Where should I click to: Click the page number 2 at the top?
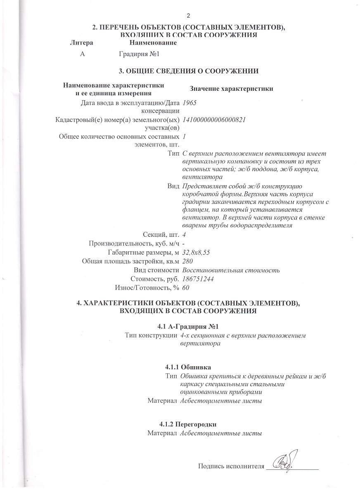pos(188,16)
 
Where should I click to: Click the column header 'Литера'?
pos(82,43)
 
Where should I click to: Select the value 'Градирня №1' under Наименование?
pos(139,54)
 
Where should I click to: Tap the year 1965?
pos(188,103)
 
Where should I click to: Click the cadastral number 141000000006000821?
pos(214,120)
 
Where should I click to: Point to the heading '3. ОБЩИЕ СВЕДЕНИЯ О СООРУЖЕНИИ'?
pos(189,71)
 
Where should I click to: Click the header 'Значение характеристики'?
pos(231,89)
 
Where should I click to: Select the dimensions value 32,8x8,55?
pos(199,252)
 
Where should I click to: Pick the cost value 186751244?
pos(198,279)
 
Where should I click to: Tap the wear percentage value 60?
pos(185,288)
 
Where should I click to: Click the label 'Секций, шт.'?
pos(161,234)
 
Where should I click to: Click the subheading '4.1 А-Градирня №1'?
pos(188,327)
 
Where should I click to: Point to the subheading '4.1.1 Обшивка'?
pos(188,367)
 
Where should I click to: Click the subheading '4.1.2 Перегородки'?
pos(188,424)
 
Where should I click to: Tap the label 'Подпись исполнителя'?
pos(231,466)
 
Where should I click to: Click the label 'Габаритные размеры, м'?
pos(143,252)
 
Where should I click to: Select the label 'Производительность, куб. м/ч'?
pos(134,243)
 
